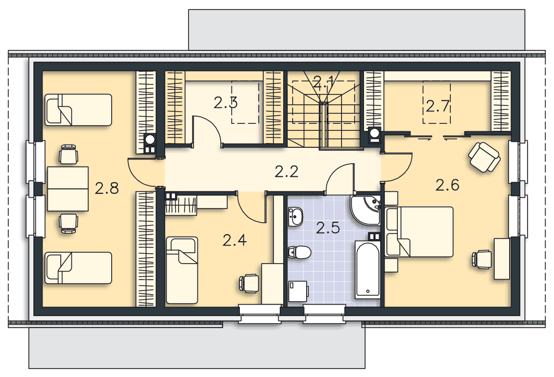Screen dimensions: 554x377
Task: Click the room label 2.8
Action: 107,189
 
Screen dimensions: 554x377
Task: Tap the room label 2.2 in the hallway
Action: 287,172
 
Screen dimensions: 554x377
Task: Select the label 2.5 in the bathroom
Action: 328,228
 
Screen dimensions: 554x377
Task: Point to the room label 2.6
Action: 447,185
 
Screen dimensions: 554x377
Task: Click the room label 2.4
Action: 234,241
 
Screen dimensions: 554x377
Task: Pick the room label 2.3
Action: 225,102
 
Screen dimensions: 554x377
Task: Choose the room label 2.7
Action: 437,106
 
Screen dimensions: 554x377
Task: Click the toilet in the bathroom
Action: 300,253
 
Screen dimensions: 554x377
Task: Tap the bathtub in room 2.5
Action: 368,270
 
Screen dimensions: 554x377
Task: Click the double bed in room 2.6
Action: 419,232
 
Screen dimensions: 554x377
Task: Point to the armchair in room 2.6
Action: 484,157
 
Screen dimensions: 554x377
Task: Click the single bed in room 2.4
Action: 182,270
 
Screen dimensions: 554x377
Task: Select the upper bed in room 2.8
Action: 78,110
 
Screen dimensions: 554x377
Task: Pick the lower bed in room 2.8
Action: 78,268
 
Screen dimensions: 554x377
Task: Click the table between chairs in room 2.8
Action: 68,189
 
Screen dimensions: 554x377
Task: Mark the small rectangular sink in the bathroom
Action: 295,217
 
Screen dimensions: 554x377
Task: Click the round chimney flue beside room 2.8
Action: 150,139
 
